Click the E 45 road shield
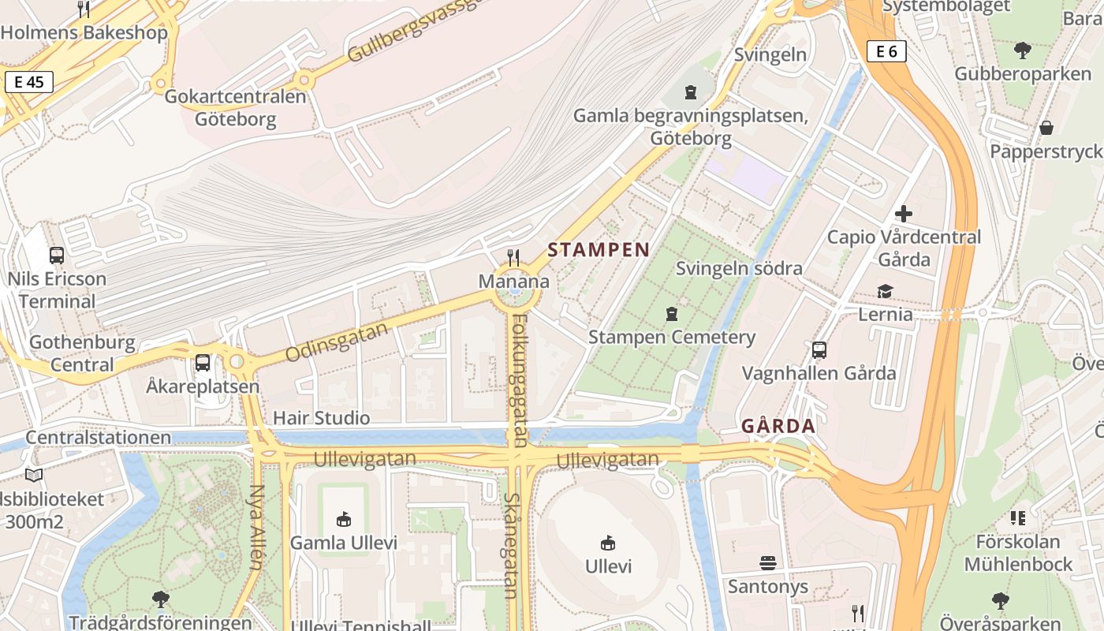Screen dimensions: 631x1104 (x=28, y=82)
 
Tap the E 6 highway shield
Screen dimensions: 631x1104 (x=886, y=52)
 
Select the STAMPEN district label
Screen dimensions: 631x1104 (x=599, y=250)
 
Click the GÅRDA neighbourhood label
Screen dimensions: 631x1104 (x=778, y=427)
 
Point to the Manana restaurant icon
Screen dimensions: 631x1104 (x=513, y=257)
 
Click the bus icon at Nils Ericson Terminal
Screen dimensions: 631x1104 (x=57, y=255)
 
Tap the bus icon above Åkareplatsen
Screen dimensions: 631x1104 (x=203, y=363)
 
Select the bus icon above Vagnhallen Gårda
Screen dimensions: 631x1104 (x=819, y=349)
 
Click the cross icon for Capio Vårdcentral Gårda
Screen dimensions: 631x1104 (x=904, y=213)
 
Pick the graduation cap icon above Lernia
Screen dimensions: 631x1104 (x=885, y=291)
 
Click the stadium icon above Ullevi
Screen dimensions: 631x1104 (x=608, y=543)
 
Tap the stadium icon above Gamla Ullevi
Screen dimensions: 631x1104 (x=344, y=519)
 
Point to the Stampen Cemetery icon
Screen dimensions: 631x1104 (x=671, y=313)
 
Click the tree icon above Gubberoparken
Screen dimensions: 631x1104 (x=1023, y=50)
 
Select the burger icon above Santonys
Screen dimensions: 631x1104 (x=768, y=562)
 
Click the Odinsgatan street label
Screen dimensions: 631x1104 (x=338, y=342)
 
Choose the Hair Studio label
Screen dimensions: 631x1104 (x=321, y=418)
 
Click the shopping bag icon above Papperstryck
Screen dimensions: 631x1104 (x=1046, y=127)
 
